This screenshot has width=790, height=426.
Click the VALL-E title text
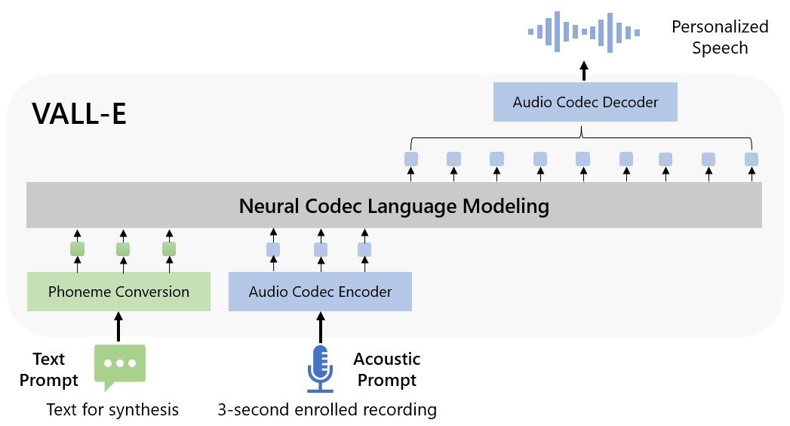coord(79,114)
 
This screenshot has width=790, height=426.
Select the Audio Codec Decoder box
coord(585,102)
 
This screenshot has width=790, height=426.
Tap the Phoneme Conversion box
coord(118,292)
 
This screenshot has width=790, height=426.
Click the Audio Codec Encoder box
coord(320,292)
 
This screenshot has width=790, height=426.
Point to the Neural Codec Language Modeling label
coord(394,205)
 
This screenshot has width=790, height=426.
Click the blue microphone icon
coord(320,369)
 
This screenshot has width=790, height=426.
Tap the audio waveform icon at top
coord(584,32)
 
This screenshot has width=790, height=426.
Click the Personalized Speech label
coord(719,38)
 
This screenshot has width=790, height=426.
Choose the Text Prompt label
coord(43,369)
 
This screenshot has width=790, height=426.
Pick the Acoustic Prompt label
coord(386,369)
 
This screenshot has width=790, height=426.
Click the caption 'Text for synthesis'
coord(112,409)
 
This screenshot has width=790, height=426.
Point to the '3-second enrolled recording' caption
coord(327,409)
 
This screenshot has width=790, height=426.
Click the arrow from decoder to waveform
coord(583,72)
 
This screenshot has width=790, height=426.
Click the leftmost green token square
coord(77,248)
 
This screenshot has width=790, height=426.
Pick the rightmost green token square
coord(169,248)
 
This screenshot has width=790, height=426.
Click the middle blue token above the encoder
coord(320,249)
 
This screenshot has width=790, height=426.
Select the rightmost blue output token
coord(752,159)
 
